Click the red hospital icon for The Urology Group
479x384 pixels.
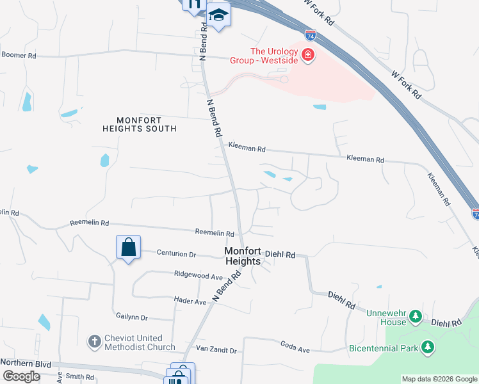coord(308,55)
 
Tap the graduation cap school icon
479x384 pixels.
coord(218,15)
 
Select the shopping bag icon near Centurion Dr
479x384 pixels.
coord(128,246)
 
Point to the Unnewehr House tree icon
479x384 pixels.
coord(416,316)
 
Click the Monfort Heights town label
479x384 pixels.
coord(243,257)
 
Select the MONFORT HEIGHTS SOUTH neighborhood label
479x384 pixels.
coord(140,124)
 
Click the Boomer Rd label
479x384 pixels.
coord(19,56)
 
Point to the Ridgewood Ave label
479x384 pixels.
coord(198,275)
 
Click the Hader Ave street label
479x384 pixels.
coord(191,300)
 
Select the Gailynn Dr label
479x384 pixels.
coord(132,317)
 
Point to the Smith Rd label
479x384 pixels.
coord(81,378)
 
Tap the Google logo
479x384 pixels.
coord(20,376)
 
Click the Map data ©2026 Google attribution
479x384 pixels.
coord(439,379)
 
